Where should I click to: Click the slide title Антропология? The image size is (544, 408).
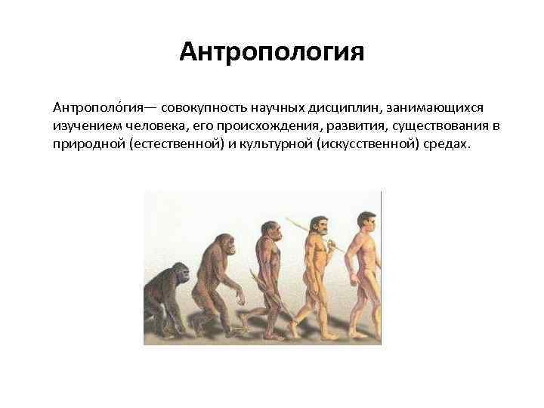click(272, 53)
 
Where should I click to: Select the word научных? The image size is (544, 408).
click(287, 111)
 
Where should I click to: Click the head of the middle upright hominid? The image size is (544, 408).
click(270, 230)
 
